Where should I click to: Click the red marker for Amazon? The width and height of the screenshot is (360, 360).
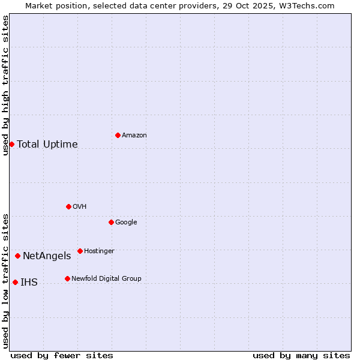click(118, 135)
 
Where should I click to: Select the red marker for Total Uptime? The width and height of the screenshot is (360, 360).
click(11, 144)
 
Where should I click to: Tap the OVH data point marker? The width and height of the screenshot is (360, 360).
click(68, 206)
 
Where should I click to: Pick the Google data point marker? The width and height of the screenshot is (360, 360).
click(111, 222)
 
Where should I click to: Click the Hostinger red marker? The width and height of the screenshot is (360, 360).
click(80, 251)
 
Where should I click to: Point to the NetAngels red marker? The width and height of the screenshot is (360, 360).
click(17, 256)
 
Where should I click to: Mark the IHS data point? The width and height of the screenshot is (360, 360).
click(15, 282)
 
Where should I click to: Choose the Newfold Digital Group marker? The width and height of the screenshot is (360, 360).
click(67, 278)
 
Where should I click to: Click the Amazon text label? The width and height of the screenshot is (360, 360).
click(134, 136)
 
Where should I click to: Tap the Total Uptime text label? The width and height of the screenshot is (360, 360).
click(47, 144)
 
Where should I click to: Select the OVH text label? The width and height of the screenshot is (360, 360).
click(79, 207)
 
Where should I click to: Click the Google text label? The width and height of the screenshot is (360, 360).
click(126, 223)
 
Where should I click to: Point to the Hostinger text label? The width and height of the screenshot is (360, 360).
click(99, 251)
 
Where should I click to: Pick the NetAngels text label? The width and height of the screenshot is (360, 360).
click(47, 256)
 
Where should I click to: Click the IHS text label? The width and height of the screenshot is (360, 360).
click(29, 283)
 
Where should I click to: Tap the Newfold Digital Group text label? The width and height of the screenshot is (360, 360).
click(106, 279)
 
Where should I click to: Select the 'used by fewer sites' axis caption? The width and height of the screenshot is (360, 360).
click(62, 355)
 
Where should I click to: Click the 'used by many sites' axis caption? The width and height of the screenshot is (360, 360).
click(301, 355)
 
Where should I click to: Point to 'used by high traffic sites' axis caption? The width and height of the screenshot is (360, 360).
click(5, 85)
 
